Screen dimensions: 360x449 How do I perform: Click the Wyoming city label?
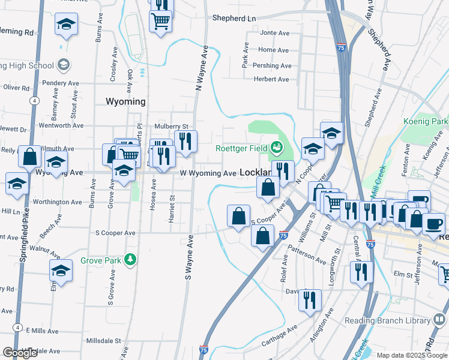click(125, 101)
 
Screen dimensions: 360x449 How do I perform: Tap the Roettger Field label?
click(243, 148)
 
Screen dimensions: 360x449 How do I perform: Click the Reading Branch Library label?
click(387, 320)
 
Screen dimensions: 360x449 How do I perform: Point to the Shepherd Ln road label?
click(234, 18)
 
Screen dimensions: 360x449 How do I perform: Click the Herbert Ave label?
click(271, 79)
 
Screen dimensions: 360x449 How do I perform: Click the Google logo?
click(20, 353)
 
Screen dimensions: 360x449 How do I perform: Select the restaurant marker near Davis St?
click(310, 298)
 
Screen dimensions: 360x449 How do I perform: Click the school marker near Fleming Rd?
click(67, 25)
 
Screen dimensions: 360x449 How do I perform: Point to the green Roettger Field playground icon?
click(276, 146)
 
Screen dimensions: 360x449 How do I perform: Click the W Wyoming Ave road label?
click(208, 173)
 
